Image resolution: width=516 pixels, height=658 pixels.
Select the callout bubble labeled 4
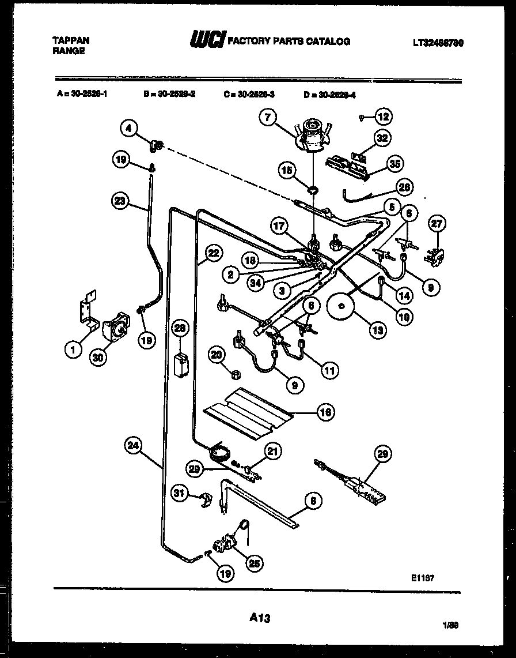[129, 127]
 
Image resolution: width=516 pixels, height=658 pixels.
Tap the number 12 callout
[384, 116]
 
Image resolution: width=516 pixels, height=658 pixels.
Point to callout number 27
[438, 223]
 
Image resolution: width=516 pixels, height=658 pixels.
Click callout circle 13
[377, 330]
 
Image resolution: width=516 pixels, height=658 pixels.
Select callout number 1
[73, 349]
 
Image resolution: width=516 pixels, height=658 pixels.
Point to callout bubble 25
[252, 563]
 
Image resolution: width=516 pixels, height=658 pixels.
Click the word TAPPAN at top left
[71, 41]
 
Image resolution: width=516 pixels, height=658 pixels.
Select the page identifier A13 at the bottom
[260, 618]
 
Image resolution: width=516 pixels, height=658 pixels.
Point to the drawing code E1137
[422, 576]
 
